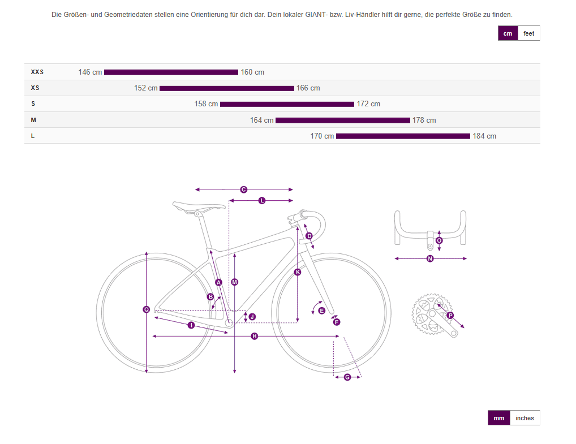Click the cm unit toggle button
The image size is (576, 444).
pyautogui.click(x=508, y=33)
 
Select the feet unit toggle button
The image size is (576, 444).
pyautogui.click(x=528, y=33)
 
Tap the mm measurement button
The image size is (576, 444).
pyautogui.click(x=499, y=418)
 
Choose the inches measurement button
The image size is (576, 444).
pyautogui.click(x=525, y=418)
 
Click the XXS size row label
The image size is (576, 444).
pyautogui.click(x=37, y=72)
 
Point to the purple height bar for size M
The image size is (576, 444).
pyautogui.click(x=343, y=120)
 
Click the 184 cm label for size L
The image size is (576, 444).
pyautogui.click(x=484, y=136)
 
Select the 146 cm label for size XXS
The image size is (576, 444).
pyautogui.click(x=90, y=72)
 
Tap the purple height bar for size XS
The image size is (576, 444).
pyautogui.click(x=227, y=88)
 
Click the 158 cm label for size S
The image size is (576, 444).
pyautogui.click(x=206, y=104)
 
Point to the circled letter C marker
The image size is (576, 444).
pyautogui.click(x=243, y=189)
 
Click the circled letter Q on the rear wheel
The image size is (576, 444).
pyautogui.click(x=146, y=309)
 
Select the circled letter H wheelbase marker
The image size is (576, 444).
pyautogui.click(x=254, y=336)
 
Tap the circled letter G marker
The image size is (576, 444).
pyautogui.click(x=347, y=377)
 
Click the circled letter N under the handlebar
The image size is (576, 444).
pyautogui.click(x=430, y=258)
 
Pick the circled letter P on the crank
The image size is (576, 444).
pyautogui.click(x=450, y=316)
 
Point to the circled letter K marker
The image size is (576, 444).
pyautogui.click(x=298, y=271)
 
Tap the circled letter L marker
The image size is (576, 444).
pyautogui.click(x=261, y=201)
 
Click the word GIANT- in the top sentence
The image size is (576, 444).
pyautogui.click(x=316, y=15)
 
